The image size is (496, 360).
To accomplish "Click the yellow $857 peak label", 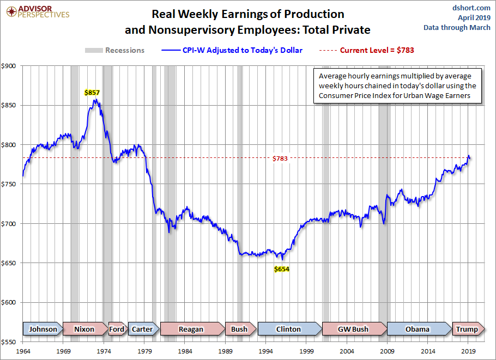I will [x=92, y=93].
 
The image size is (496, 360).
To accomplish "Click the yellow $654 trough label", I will [x=281, y=269].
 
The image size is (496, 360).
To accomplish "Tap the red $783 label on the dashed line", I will [x=280, y=158].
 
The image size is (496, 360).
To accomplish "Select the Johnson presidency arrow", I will [x=43, y=329].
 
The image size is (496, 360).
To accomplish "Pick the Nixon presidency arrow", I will [x=85, y=329].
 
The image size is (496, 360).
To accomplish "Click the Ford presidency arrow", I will [x=117, y=329].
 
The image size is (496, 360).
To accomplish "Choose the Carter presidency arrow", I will [x=143, y=329].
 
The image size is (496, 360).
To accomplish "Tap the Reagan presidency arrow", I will [x=192, y=329].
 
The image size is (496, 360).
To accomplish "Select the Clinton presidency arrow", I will [x=289, y=329].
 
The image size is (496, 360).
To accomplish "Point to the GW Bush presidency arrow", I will [x=353, y=329].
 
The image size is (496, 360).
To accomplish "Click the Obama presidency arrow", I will [x=418, y=329].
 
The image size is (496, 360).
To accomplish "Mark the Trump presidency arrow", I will [x=467, y=329].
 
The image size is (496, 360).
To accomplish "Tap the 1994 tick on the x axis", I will [x=266, y=352].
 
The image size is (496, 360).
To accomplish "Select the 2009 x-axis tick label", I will [x=388, y=352].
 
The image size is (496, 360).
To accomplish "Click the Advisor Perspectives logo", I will [x=37, y=11].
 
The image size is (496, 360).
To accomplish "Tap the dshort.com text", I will [x=473, y=8].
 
